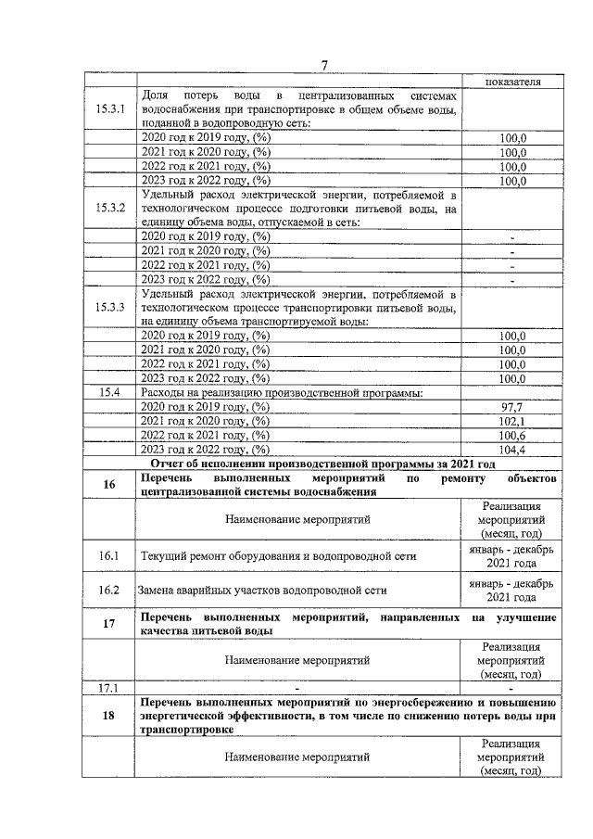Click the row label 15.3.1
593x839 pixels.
pyautogui.click(x=109, y=109)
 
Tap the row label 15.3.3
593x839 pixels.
pyautogui.click(x=109, y=307)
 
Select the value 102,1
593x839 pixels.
pyautogui.click(x=512, y=422)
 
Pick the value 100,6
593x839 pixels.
pyautogui.click(x=512, y=436)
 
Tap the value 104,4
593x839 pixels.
pyautogui.click(x=512, y=451)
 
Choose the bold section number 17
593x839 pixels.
pyautogui.click(x=109, y=624)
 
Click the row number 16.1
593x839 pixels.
pyautogui.click(x=109, y=556)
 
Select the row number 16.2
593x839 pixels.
pyautogui.click(x=109, y=590)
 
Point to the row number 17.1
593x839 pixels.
pyautogui.click(x=109, y=688)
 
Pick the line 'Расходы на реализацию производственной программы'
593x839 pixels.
pyautogui.click(x=281, y=393)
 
